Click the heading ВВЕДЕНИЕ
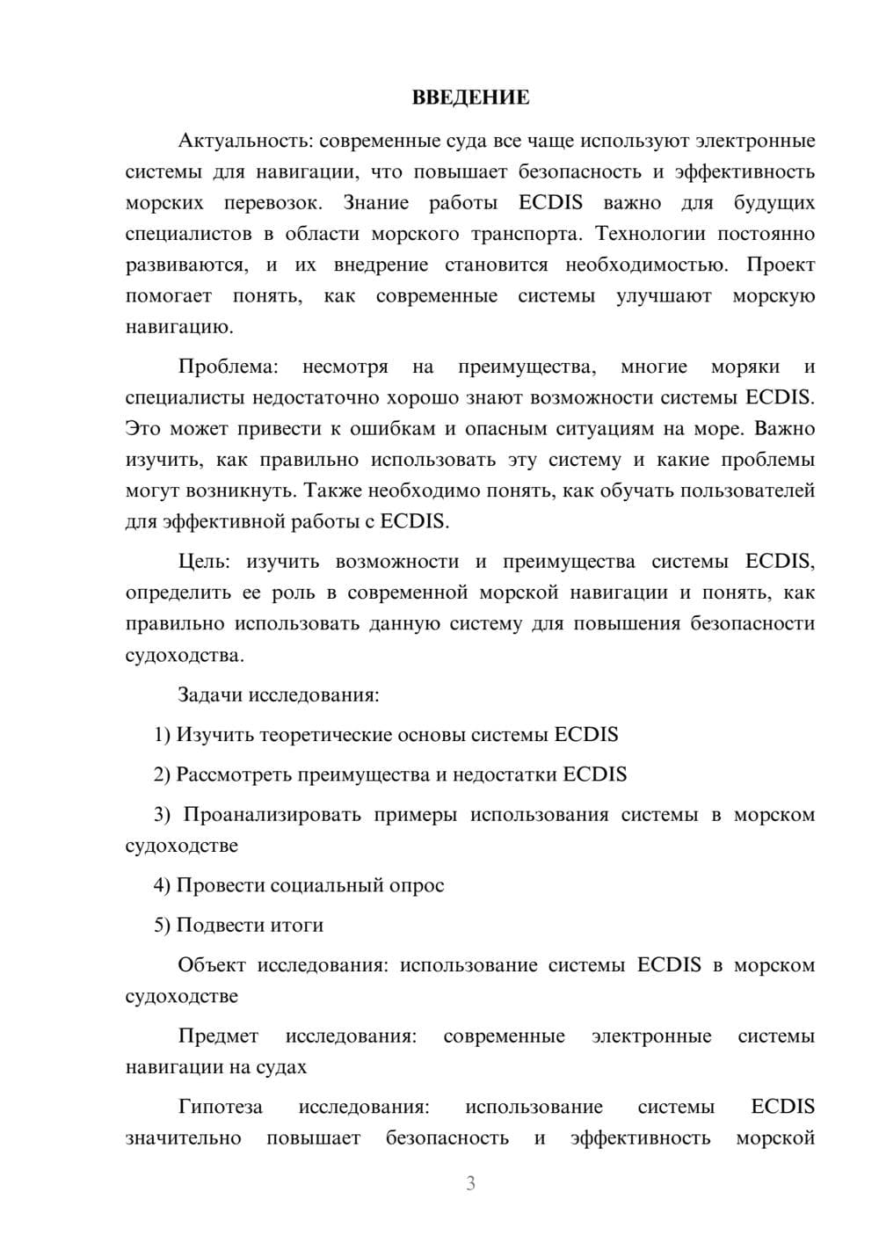click(x=470, y=98)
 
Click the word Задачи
click(x=210, y=695)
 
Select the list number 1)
click(x=163, y=735)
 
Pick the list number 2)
click(x=163, y=774)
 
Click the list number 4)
click(x=163, y=885)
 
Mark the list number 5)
click(x=163, y=926)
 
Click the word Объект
click(x=212, y=965)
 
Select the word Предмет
click(x=218, y=1036)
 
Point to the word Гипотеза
click(x=220, y=1107)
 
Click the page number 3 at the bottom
click(x=470, y=1184)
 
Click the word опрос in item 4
click(x=416, y=885)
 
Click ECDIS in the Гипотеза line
click(x=782, y=1107)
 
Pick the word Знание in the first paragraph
click(x=375, y=203)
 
